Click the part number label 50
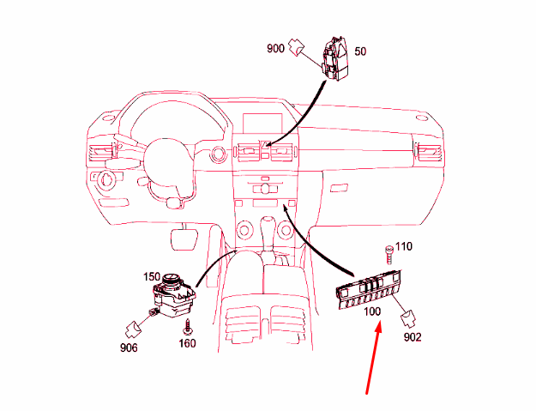click(x=360, y=51)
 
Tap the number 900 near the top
click(x=275, y=49)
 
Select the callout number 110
click(x=404, y=246)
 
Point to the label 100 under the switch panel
click(x=372, y=311)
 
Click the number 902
click(x=413, y=337)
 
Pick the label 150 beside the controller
click(x=152, y=276)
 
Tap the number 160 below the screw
click(x=187, y=343)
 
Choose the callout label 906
click(x=129, y=348)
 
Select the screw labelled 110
click(x=389, y=254)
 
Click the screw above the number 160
click(x=187, y=327)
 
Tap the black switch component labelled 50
click(x=334, y=58)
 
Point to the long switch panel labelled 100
click(x=369, y=289)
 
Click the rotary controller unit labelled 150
click(x=173, y=295)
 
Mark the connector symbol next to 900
click(x=296, y=47)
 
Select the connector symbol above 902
click(x=408, y=318)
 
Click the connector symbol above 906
click(x=133, y=329)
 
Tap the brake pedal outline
click(x=184, y=239)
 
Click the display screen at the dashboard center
click(x=262, y=124)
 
